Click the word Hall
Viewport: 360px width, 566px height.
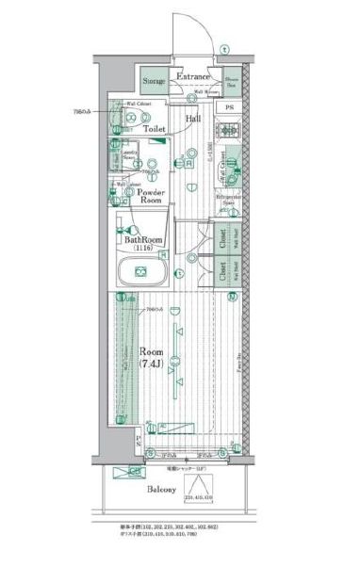tap(192, 120)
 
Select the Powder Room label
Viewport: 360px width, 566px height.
tap(154, 195)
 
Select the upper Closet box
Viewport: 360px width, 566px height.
tap(221, 238)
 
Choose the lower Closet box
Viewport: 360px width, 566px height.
tap(221, 271)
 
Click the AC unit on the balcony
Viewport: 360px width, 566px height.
tap(136, 471)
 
